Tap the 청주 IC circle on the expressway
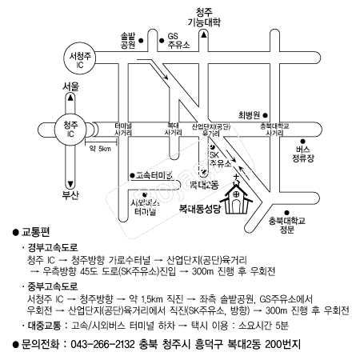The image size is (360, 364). click(x=71, y=130)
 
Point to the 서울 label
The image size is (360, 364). click(x=71, y=85)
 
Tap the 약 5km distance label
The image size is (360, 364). click(x=100, y=148)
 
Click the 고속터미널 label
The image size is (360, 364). click(x=154, y=174)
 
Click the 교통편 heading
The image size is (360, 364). click(x=37, y=233)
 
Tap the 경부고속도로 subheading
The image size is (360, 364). click(x=55, y=248)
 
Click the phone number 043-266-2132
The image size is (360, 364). click(x=107, y=345)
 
